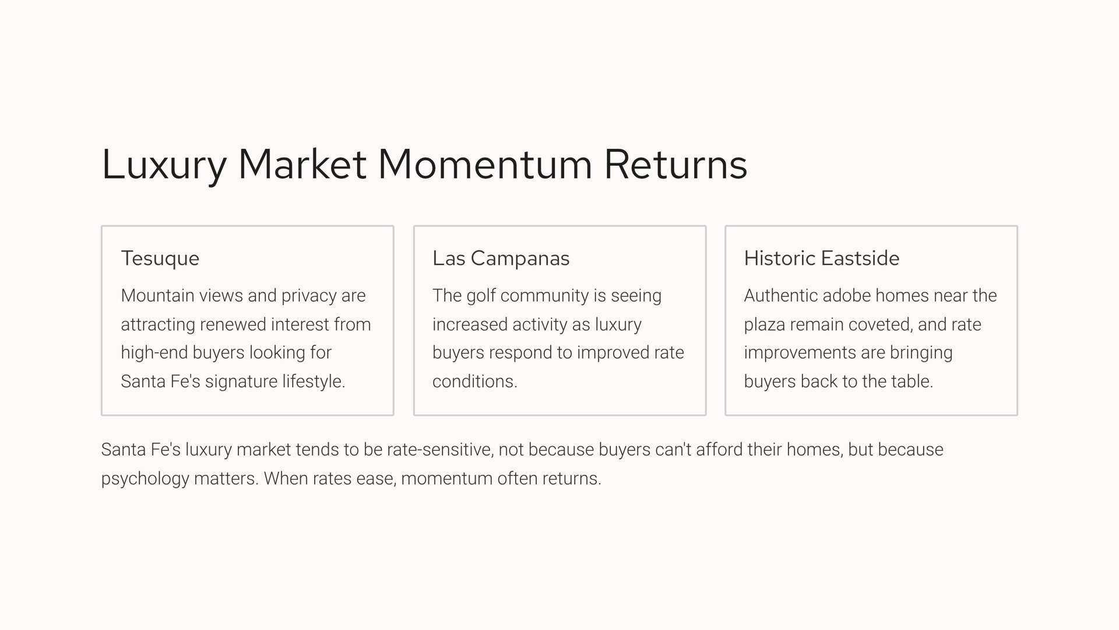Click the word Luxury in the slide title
tap(164, 165)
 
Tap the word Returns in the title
tap(675, 164)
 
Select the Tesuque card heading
tap(160, 258)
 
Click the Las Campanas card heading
tap(501, 258)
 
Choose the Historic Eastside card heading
tap(821, 258)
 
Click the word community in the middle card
tap(544, 296)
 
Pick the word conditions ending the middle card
tap(474, 381)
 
